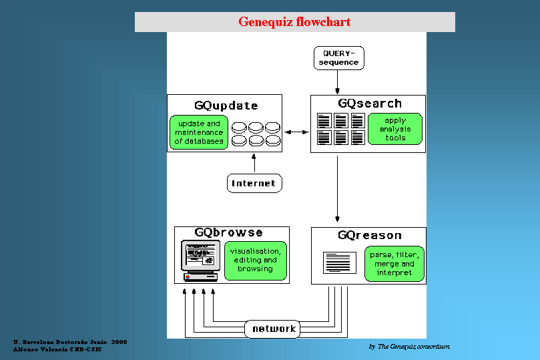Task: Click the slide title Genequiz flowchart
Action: tap(294, 22)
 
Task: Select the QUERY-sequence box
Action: tap(338, 57)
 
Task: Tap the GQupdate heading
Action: tap(226, 106)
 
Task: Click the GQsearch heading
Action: tap(370, 104)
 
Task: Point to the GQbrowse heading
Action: tap(228, 233)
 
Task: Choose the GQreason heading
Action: tap(370, 235)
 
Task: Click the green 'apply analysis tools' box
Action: tap(395, 130)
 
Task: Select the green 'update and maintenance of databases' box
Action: tap(200, 132)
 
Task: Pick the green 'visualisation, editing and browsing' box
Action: tap(255, 260)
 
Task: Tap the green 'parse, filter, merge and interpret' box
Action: tap(394, 263)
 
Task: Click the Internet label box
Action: tap(254, 183)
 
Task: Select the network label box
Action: tap(273, 329)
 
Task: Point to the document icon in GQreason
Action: tap(340, 262)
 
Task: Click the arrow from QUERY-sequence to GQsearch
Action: tap(338, 81)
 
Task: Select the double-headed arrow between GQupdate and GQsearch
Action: tap(296, 132)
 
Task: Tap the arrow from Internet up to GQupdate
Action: tap(254, 163)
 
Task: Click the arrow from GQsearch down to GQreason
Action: tap(338, 189)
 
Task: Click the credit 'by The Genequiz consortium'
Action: tap(409, 347)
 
